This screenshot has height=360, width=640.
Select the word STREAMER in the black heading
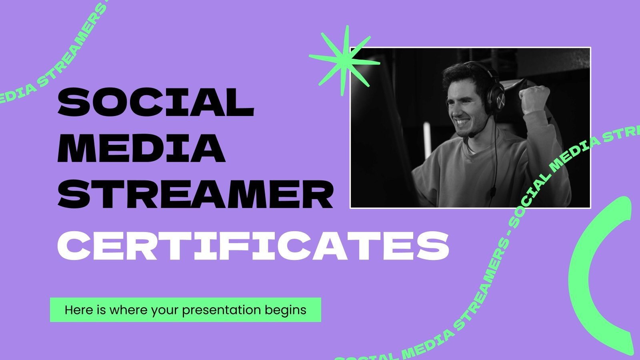(x=195, y=195)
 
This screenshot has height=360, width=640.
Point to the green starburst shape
(x=344, y=61)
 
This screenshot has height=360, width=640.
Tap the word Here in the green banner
(x=76, y=310)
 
